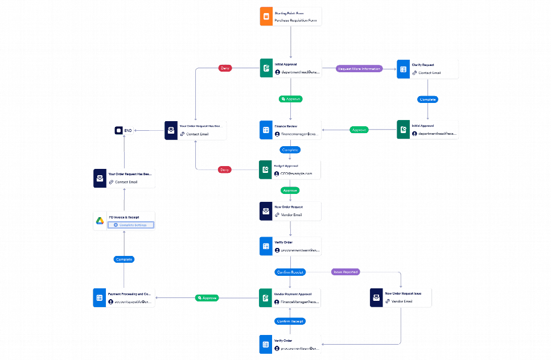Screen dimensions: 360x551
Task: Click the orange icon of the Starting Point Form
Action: [265, 16]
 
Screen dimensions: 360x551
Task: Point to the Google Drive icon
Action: [100, 221]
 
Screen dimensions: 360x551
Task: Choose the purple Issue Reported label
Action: [346, 272]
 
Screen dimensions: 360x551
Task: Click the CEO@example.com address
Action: [296, 173]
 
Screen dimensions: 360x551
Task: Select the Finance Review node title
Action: [286, 126]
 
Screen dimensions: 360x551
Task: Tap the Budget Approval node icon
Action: [265, 169]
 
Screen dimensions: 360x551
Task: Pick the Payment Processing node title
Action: [130, 293]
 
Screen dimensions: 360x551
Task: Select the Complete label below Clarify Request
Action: [427, 100]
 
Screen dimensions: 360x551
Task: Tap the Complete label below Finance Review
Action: [290, 150]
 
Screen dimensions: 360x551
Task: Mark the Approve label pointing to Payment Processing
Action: [207, 297]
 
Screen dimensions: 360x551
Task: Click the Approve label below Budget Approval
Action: [290, 190]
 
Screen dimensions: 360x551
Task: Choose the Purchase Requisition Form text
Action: [297, 20]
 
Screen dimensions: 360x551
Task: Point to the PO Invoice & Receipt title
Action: [124, 217]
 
